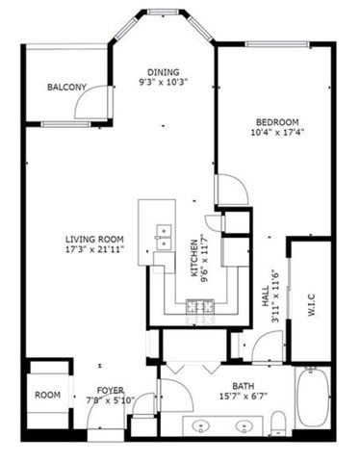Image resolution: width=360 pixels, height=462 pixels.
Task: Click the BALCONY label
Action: coord(66,88)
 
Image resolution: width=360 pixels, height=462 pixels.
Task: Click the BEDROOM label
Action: coord(276,121)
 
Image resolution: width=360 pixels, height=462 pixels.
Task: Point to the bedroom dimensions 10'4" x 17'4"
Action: coord(276,133)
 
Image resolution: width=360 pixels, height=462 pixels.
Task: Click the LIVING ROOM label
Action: coord(91,239)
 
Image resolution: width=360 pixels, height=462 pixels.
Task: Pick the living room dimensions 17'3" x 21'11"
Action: coord(91,250)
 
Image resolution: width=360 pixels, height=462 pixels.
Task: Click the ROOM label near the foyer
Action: coord(48,395)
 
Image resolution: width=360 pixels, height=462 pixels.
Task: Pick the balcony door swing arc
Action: coord(94,104)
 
